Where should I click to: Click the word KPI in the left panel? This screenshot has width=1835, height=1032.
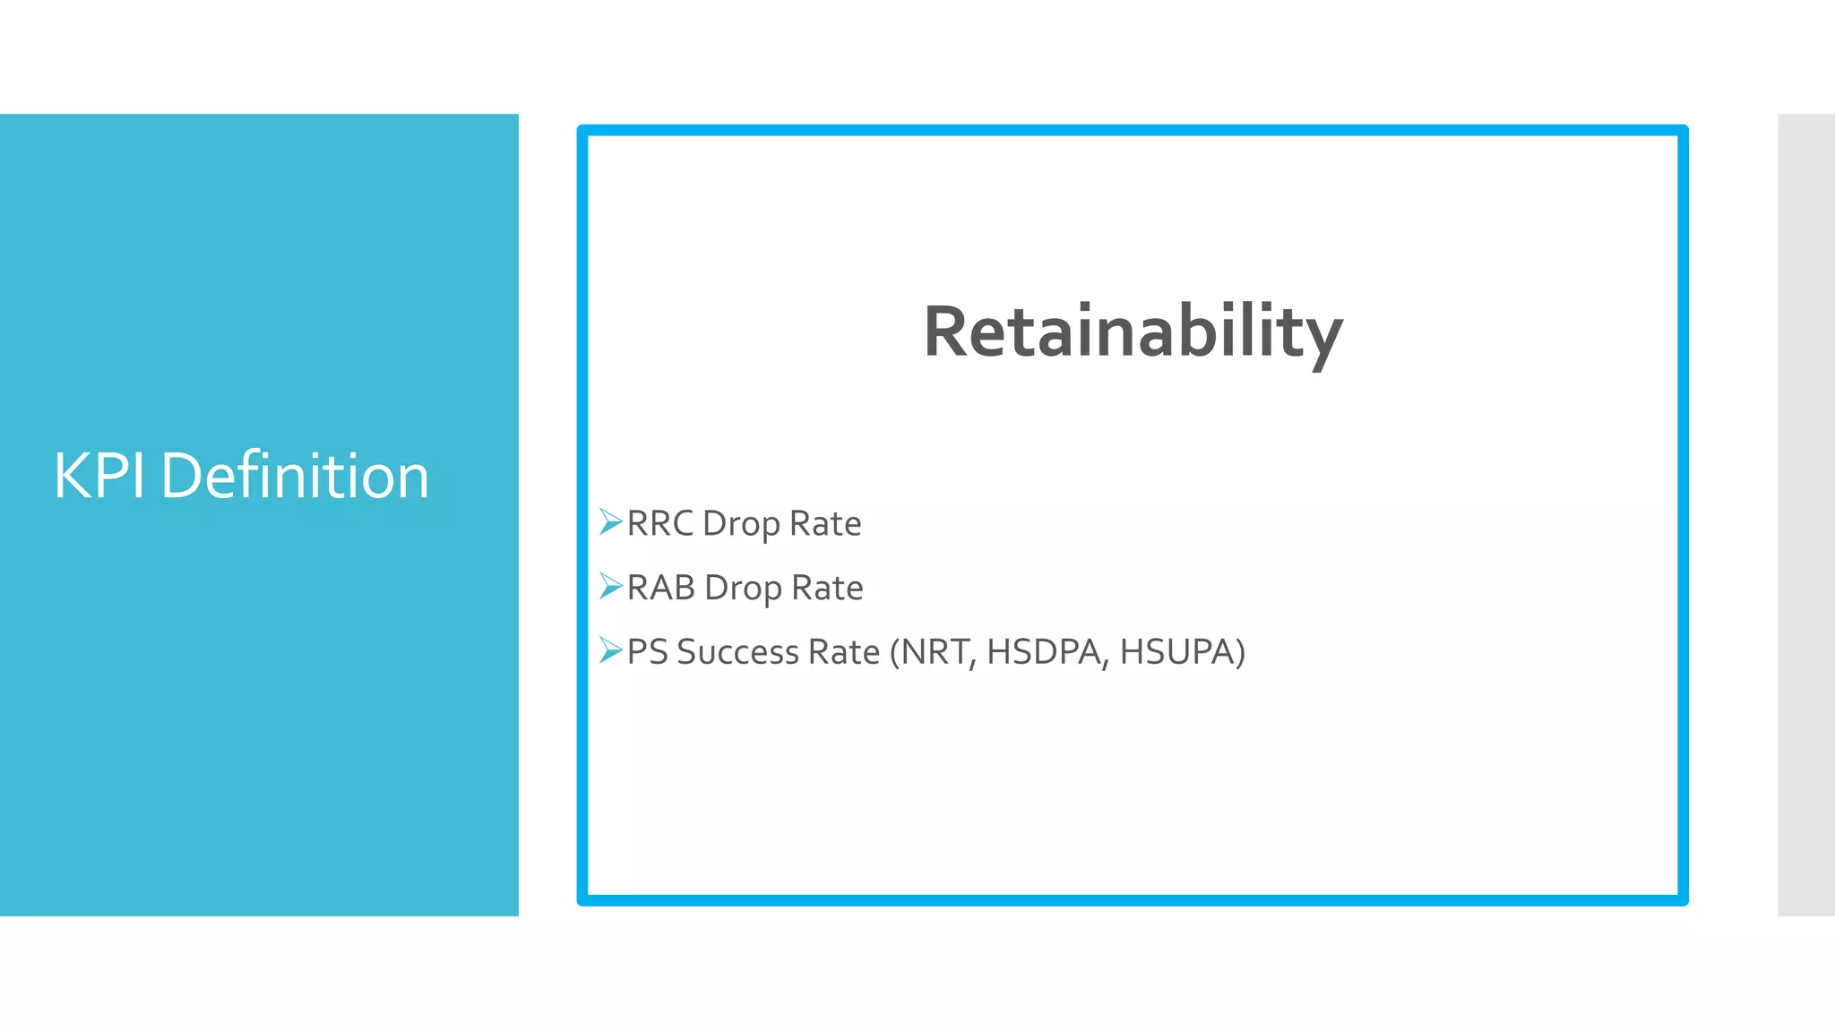(x=99, y=476)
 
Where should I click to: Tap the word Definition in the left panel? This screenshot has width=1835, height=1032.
(x=295, y=476)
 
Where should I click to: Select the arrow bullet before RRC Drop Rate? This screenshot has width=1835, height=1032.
(x=610, y=521)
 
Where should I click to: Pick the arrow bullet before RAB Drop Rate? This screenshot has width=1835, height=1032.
(x=610, y=586)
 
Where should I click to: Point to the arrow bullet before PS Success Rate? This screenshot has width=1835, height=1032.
(x=610, y=650)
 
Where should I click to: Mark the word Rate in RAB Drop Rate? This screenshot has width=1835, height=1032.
(x=827, y=588)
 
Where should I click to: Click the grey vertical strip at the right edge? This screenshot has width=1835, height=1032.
(x=1806, y=515)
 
